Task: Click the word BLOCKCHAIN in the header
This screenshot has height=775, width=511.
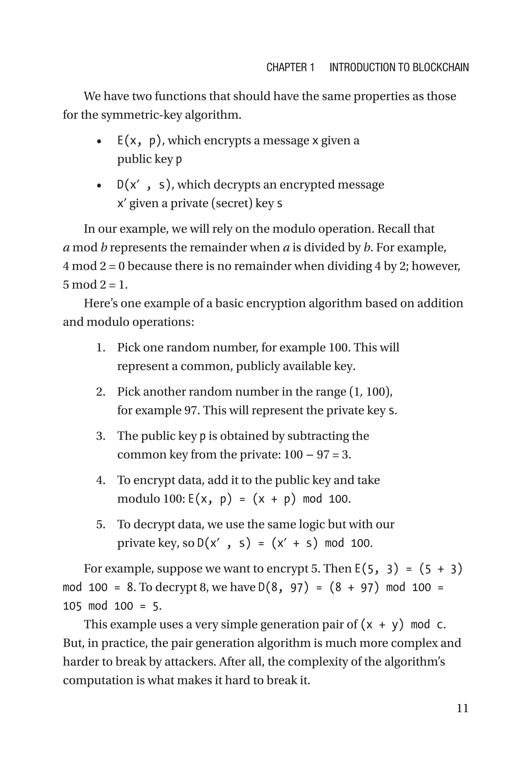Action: (x=441, y=67)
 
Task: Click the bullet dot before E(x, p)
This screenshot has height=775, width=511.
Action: (x=99, y=142)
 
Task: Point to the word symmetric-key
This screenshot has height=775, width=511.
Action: (x=141, y=115)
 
